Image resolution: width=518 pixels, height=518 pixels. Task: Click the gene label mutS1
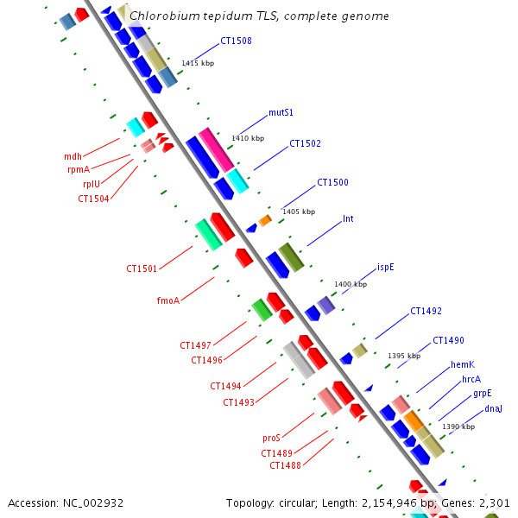281,112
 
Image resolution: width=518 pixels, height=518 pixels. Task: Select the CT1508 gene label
236,40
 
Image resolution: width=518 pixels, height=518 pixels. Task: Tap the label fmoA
167,300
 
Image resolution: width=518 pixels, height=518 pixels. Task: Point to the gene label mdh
73,156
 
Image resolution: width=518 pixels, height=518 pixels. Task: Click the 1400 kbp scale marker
351,284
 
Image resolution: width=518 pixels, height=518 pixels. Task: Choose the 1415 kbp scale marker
198,63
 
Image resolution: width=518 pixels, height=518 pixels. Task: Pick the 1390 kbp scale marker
458,426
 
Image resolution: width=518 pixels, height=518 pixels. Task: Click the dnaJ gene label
493,408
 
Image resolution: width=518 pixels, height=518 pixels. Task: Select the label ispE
386,267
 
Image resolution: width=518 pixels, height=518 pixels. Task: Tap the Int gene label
348,218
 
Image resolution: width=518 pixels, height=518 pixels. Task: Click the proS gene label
271,438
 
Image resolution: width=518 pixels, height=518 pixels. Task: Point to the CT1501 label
142,268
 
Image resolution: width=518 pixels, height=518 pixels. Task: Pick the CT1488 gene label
285,465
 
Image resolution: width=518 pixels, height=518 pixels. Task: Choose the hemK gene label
463,364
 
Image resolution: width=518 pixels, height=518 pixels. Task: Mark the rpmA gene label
79,170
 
